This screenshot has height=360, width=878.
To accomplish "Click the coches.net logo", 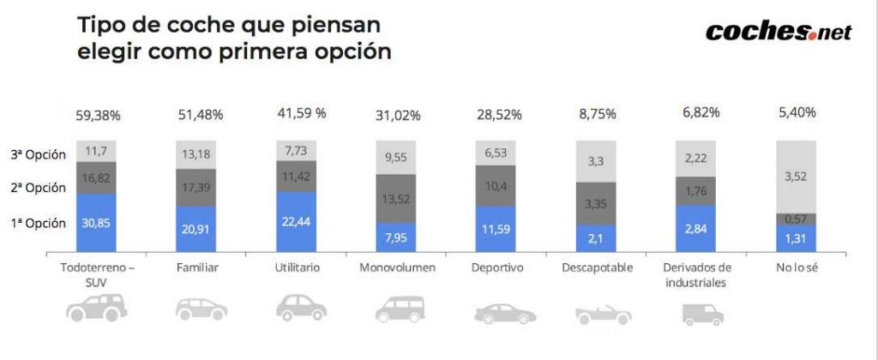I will click(778, 32).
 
